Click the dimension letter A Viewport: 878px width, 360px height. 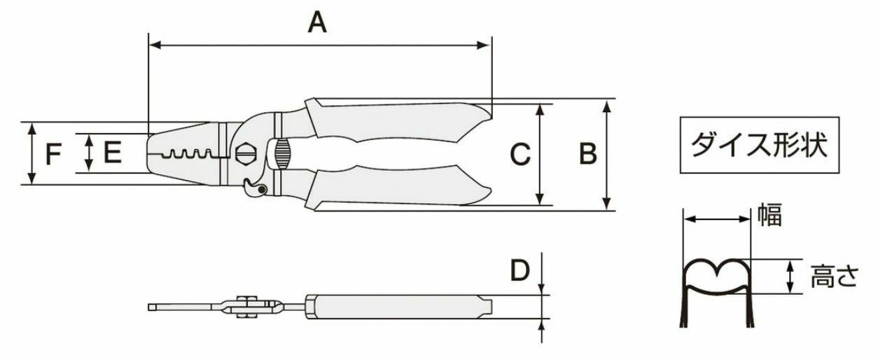click(x=317, y=22)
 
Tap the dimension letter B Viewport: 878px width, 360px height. click(x=588, y=153)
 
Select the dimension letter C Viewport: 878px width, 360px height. click(x=520, y=153)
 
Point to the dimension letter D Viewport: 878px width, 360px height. click(x=520, y=270)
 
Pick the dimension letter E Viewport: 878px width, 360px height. click(x=113, y=152)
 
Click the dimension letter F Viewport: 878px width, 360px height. click(x=53, y=154)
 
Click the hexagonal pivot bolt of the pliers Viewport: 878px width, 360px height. click(x=246, y=153)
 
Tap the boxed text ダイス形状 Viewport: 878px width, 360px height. click(x=759, y=145)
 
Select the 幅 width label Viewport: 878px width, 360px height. click(x=769, y=214)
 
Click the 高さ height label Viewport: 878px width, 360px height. click(x=835, y=276)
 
